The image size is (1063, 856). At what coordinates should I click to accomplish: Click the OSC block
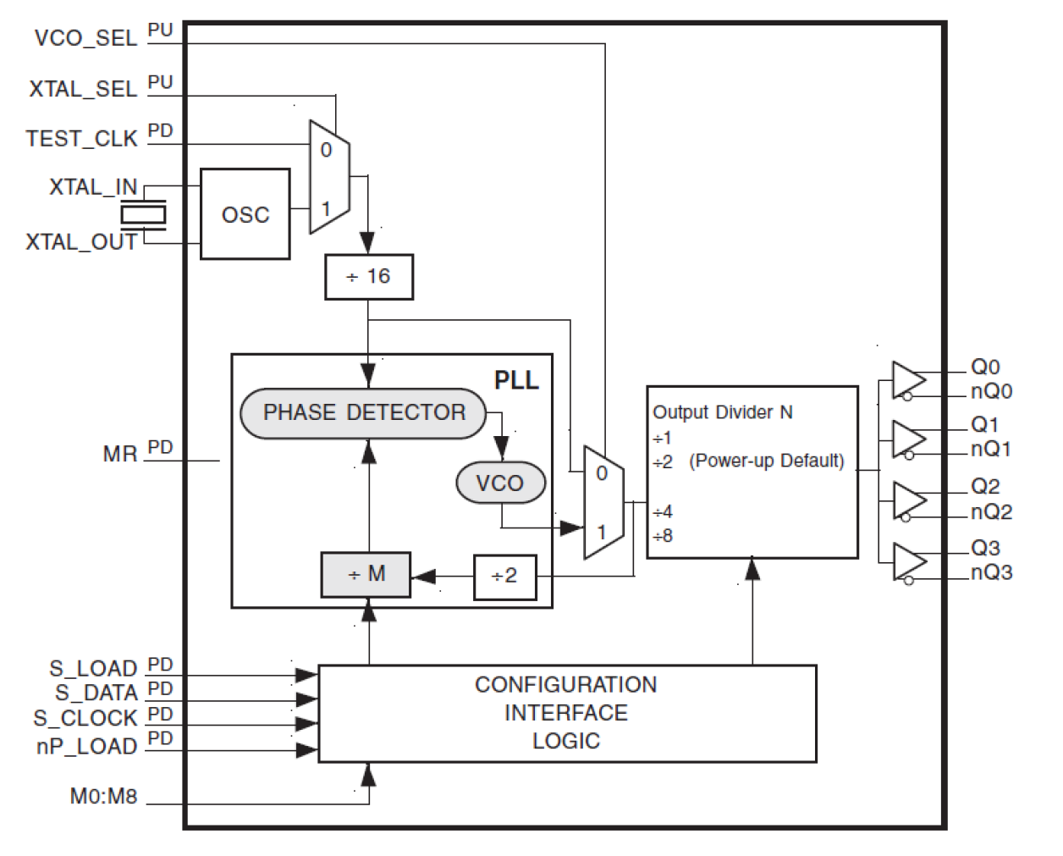[x=245, y=214]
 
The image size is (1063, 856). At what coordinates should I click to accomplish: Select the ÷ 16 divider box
[x=369, y=277]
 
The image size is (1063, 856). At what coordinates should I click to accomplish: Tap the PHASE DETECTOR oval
[x=364, y=413]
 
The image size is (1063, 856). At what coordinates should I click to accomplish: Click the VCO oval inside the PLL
[x=499, y=483]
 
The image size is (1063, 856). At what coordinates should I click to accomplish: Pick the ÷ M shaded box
[x=366, y=575]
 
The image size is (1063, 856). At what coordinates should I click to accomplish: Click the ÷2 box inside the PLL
[x=504, y=577]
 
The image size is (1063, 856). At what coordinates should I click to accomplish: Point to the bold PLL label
[x=516, y=380]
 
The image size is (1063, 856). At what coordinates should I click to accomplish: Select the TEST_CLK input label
[x=81, y=139]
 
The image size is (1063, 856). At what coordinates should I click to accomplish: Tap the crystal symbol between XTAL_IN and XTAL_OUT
[x=142, y=214]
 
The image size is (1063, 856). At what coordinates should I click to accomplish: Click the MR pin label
[x=119, y=455]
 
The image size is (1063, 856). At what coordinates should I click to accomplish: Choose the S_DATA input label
[x=96, y=693]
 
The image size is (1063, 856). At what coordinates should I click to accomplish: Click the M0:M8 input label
[x=103, y=797]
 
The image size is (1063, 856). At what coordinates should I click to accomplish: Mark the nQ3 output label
[x=991, y=573]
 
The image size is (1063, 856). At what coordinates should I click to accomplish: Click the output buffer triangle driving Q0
[x=907, y=378]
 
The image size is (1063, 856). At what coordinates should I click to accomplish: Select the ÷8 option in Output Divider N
[x=663, y=536]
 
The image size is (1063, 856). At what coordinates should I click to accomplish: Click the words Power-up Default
[x=767, y=461]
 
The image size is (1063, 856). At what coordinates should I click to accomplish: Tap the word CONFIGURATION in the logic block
[x=565, y=685]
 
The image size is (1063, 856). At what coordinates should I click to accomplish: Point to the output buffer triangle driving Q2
[x=907, y=500]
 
